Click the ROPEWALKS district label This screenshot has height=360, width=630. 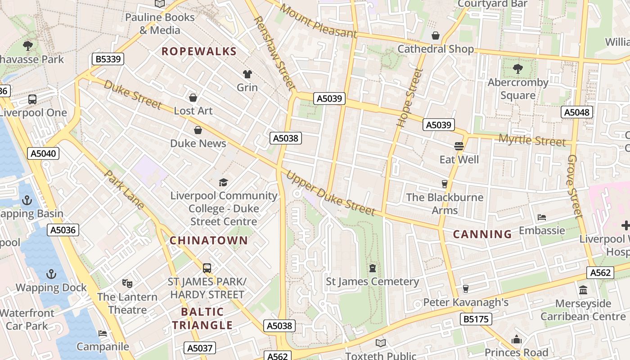[199, 51]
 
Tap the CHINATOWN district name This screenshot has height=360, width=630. [209, 240]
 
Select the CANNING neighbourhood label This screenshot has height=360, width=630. [482, 234]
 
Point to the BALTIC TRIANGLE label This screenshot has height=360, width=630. [202, 319]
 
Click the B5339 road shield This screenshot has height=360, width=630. [108, 59]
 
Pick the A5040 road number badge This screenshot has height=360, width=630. [43, 153]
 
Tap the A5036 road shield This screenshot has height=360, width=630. [63, 230]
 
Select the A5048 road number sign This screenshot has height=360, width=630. [577, 112]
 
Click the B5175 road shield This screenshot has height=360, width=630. [476, 319]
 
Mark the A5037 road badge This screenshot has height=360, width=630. [200, 348]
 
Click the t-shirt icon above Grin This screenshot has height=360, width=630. [247, 74]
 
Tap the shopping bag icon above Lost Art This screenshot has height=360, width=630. [193, 98]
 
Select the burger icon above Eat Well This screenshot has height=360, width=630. [459, 146]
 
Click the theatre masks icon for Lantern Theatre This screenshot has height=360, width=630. [127, 283]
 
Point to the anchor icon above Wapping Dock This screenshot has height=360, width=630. [51, 274]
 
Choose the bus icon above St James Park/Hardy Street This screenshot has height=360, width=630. [207, 268]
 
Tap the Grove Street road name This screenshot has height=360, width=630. [575, 186]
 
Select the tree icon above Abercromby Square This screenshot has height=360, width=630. [517, 69]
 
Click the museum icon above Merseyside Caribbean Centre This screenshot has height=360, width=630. [583, 290]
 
